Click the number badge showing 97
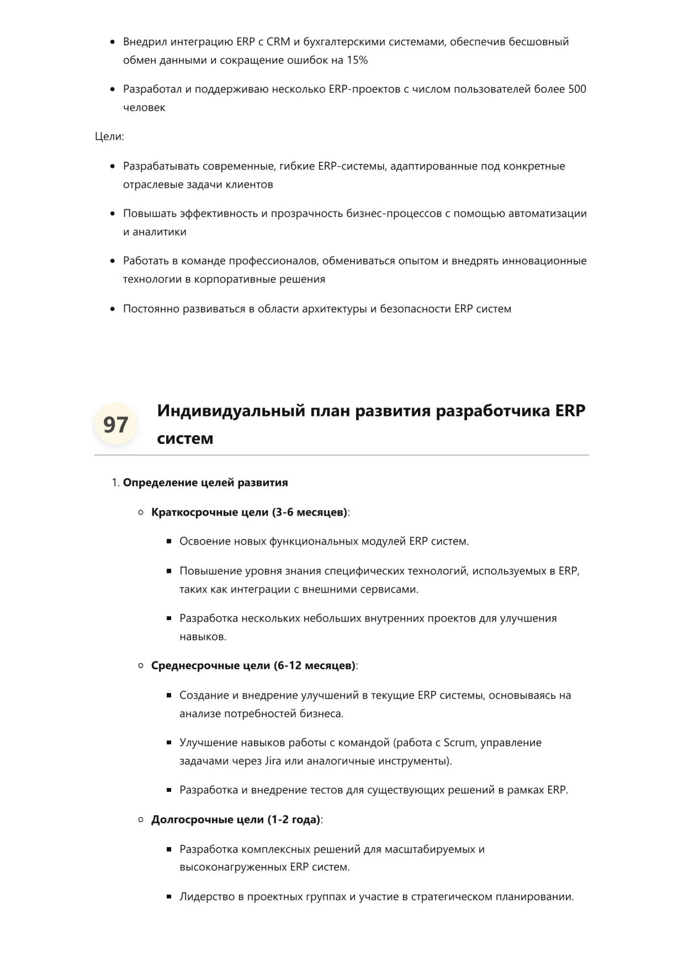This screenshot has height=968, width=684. (x=116, y=424)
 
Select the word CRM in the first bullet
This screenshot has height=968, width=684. (x=278, y=42)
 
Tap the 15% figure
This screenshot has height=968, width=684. (x=357, y=60)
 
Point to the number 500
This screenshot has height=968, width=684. (x=577, y=89)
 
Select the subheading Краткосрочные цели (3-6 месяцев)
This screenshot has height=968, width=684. (x=249, y=512)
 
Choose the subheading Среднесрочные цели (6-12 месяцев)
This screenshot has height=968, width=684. (x=253, y=666)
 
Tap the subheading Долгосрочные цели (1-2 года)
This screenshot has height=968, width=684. (x=235, y=819)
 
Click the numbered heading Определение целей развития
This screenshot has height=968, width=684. (x=205, y=483)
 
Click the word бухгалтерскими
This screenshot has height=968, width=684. (x=344, y=42)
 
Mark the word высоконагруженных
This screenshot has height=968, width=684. (x=233, y=867)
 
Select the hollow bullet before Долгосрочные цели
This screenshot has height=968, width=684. (x=141, y=820)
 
